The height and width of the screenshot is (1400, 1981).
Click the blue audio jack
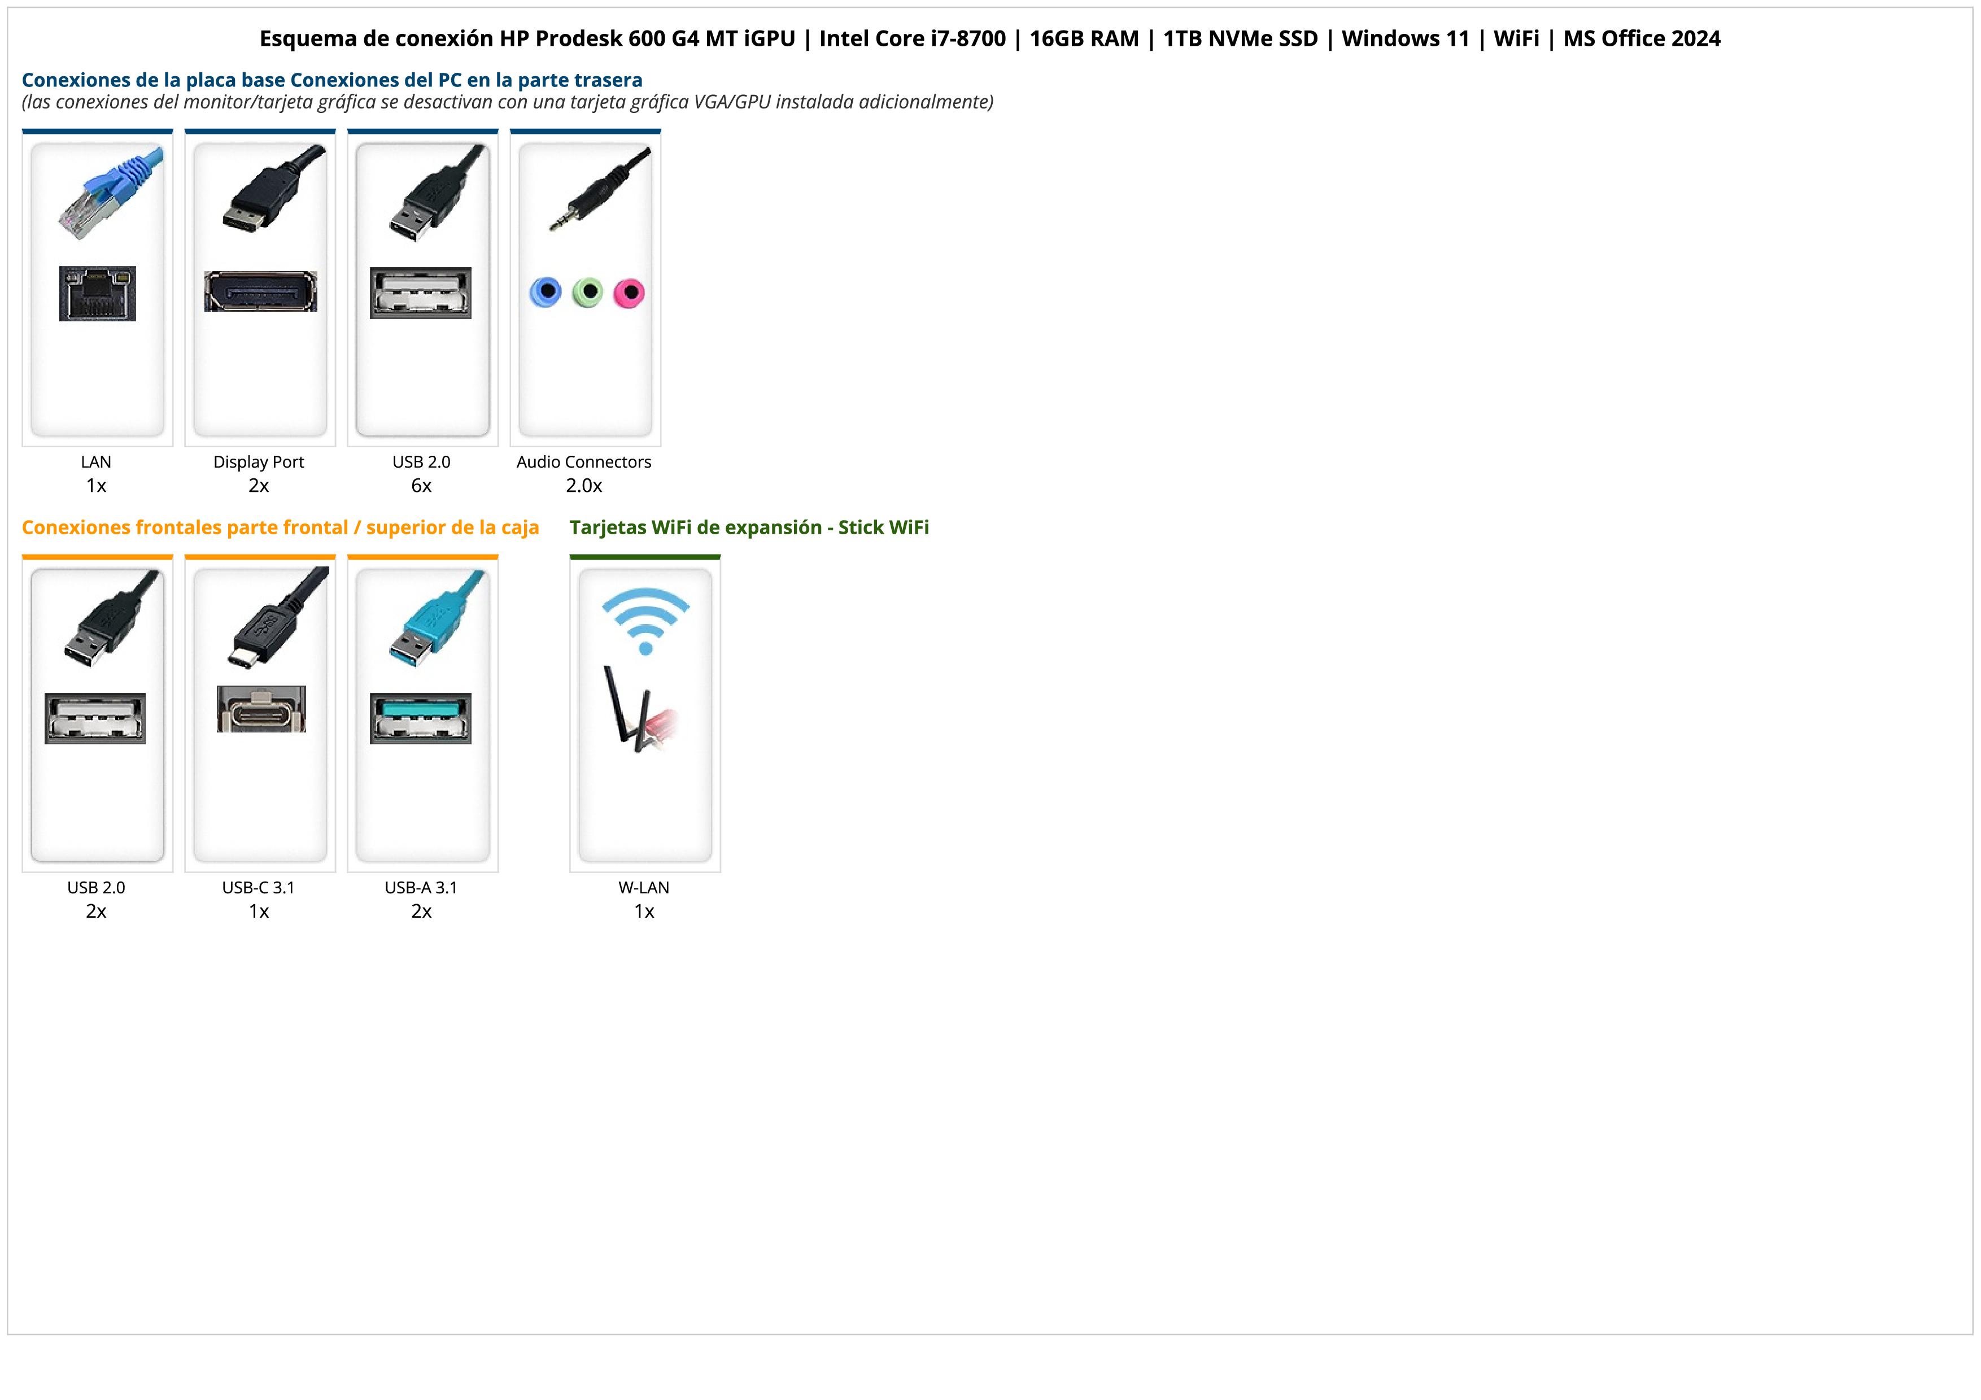tap(546, 293)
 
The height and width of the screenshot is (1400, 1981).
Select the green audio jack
tap(587, 293)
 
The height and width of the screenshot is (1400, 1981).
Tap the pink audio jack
tap(629, 293)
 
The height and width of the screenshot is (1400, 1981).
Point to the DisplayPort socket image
tap(260, 291)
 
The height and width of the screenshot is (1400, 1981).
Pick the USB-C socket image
tap(260, 709)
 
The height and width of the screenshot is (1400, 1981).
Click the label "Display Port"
tap(259, 461)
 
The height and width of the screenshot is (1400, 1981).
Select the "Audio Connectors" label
tap(584, 461)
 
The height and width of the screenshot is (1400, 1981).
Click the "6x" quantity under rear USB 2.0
tap(421, 486)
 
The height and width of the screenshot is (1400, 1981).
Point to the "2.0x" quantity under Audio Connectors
tap(584, 486)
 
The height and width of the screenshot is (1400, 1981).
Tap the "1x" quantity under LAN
tap(96, 486)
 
